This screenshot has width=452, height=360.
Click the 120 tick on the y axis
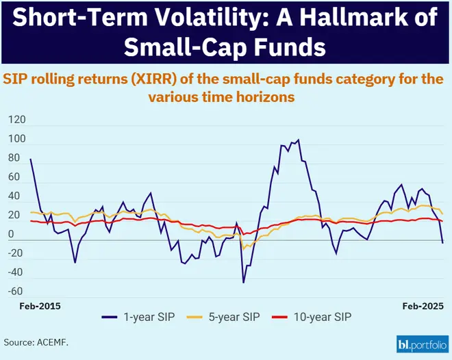point(16,120)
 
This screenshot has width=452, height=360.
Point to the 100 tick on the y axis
point(16,139)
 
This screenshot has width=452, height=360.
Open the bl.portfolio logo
point(421,343)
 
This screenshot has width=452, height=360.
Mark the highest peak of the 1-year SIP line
point(298,140)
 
